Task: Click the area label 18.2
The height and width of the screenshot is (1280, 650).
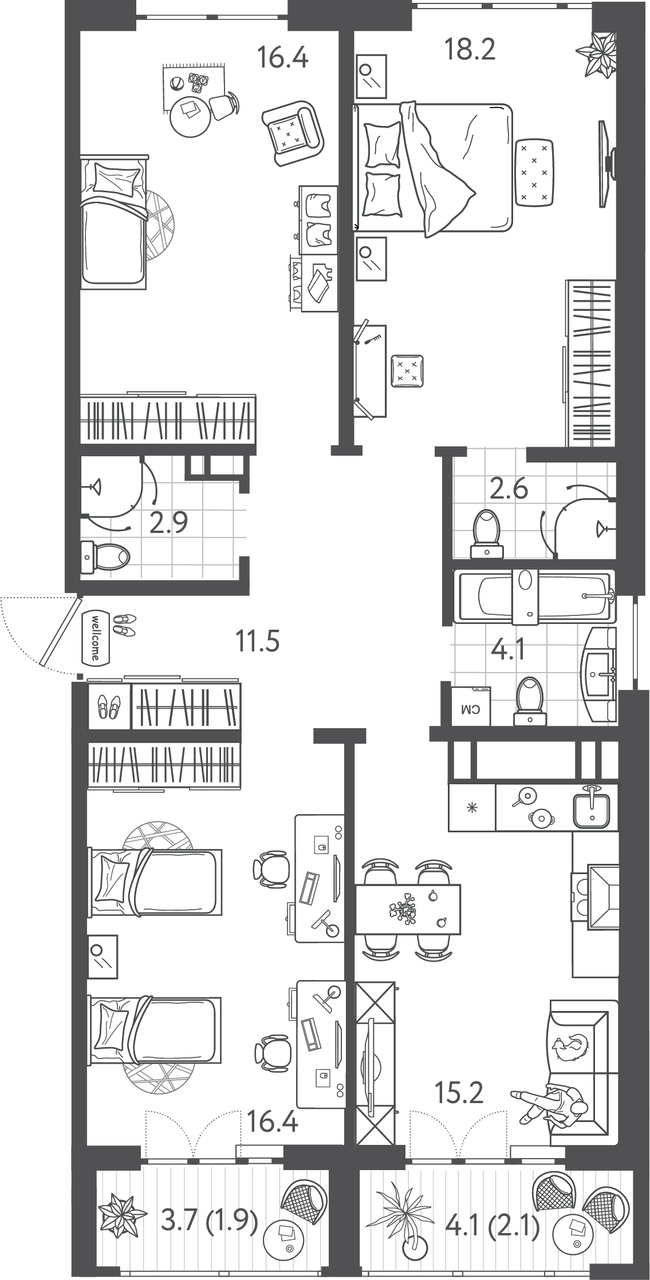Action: point(470,50)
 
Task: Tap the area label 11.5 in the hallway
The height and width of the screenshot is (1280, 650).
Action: point(258,641)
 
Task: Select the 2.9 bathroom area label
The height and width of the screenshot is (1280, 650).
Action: point(168,523)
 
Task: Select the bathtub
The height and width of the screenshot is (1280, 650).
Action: point(534,596)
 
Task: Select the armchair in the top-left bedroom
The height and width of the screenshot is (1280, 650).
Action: point(293,132)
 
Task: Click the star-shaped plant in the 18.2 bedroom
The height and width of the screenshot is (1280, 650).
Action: point(597,54)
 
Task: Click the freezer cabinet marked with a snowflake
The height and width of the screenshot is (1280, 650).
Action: point(472,808)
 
